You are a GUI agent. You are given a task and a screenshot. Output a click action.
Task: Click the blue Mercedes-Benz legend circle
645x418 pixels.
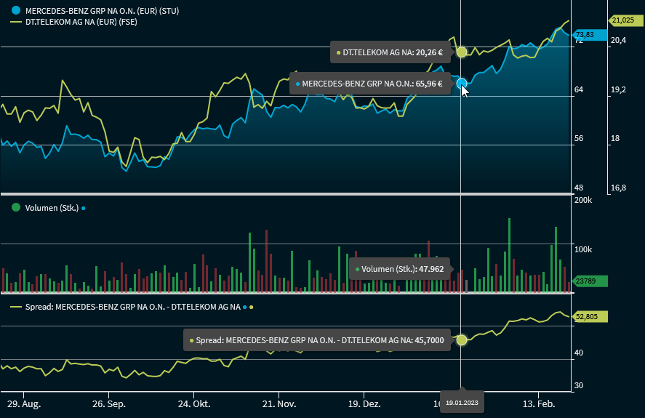[x=15, y=11]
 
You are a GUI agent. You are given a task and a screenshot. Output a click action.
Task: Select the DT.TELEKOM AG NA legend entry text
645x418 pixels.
[x=81, y=23]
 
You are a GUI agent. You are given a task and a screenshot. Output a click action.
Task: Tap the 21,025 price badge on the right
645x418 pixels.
[x=622, y=20]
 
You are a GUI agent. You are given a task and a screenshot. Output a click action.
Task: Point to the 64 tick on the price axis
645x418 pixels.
[x=579, y=89]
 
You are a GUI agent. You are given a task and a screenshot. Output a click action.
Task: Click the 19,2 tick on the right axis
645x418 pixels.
[x=617, y=89]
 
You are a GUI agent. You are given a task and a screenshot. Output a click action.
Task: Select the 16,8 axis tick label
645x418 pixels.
[x=617, y=188]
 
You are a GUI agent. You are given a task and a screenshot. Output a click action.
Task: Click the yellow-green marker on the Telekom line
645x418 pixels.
[x=462, y=52]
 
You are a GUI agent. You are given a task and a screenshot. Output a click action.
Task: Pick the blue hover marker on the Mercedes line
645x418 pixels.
[x=462, y=84]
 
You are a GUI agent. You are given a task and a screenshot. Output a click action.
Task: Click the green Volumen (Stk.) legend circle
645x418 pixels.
[x=15, y=207]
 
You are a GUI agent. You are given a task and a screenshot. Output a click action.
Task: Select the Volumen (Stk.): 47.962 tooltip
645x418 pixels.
[x=401, y=269]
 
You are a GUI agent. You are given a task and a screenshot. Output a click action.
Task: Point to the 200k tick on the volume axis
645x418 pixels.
[x=583, y=200]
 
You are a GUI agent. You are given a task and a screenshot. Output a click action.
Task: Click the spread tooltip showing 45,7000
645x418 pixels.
[x=316, y=339]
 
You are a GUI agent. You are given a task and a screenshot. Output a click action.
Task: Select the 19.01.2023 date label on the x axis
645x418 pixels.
[x=462, y=401]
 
